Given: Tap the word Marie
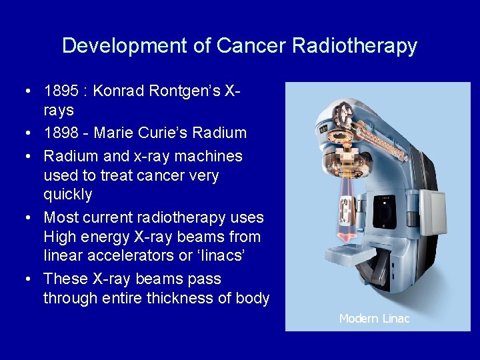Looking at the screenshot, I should [115, 133].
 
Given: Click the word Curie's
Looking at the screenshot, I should [163, 133].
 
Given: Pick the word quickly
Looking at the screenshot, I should [68, 195].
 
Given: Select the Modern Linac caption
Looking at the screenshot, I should [374, 319].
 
